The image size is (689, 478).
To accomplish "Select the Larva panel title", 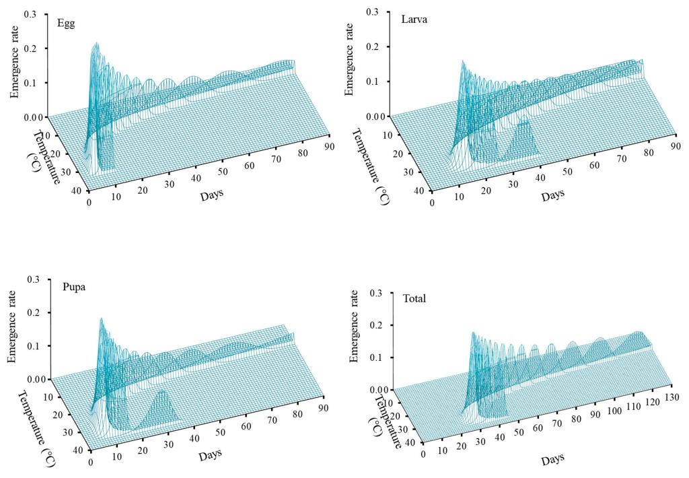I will (408, 19).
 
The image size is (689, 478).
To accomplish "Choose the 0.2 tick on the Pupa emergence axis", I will (32, 312).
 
